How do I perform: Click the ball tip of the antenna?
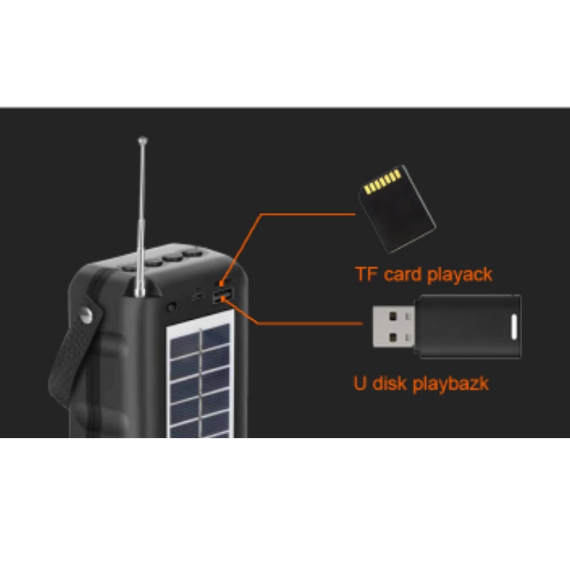click(x=142, y=140)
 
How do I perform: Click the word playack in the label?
click(x=459, y=274)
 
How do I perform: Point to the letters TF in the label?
click(x=367, y=274)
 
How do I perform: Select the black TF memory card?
click(x=396, y=208)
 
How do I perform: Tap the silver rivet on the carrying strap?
click(x=88, y=314)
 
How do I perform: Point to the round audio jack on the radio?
click(x=172, y=307)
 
